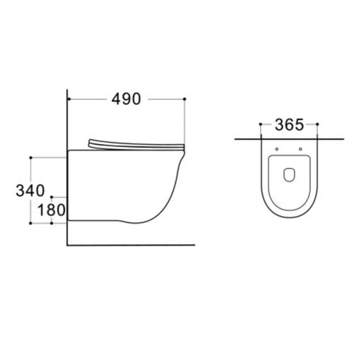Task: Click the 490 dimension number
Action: click(x=126, y=99)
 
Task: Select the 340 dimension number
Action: click(x=30, y=190)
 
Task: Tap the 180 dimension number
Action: click(x=51, y=210)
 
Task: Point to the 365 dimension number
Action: click(x=289, y=125)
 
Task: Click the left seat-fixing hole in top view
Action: click(x=277, y=149)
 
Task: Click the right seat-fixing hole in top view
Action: click(x=301, y=149)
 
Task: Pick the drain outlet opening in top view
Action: click(x=289, y=175)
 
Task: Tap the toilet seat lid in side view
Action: click(x=136, y=145)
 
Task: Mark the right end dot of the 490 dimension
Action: click(x=184, y=99)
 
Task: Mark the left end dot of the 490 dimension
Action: click(x=69, y=99)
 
